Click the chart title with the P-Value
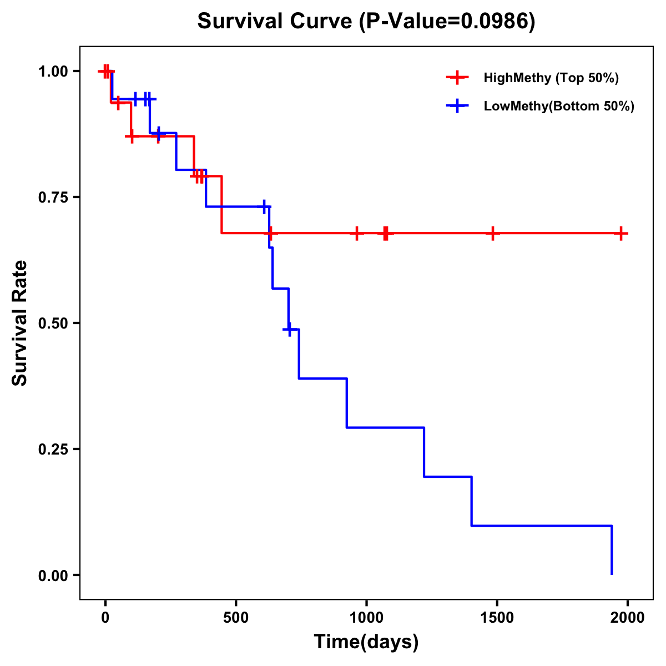[366, 22]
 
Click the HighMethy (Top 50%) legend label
[551, 78]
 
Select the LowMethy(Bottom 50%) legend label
[559, 106]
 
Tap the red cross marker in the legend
[457, 78]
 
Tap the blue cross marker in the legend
[457, 106]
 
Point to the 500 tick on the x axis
[236, 618]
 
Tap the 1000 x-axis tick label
[366, 618]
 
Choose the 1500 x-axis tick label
[497, 618]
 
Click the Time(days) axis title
[366, 642]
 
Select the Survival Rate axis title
[21, 323]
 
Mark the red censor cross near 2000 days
[621, 234]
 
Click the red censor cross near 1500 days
[492, 234]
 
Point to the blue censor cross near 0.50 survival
[289, 329]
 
